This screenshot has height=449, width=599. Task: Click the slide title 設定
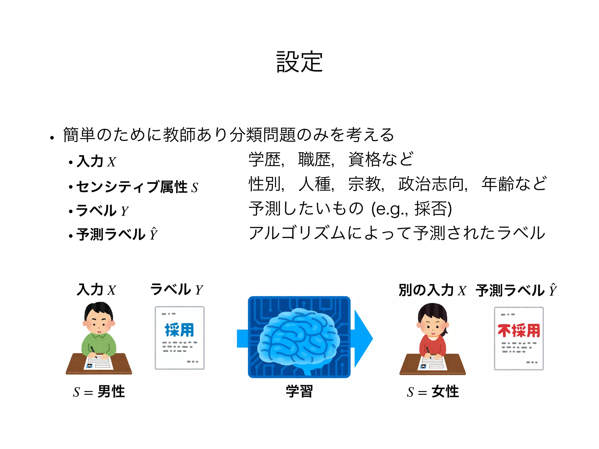coord(299,62)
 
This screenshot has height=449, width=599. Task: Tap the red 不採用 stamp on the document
coord(519,331)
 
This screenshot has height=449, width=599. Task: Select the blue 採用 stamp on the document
coord(179,330)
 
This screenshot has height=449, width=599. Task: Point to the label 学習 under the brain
coord(299,391)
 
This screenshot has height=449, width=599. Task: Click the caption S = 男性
coord(99,392)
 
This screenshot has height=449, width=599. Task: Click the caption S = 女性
coord(433,392)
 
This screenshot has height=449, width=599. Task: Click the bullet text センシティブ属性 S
coord(137,187)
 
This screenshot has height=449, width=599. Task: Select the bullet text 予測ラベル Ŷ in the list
coord(117,234)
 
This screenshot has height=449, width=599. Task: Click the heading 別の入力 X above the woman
coord(432,290)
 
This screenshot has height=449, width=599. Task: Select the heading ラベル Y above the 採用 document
coord(176,290)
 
